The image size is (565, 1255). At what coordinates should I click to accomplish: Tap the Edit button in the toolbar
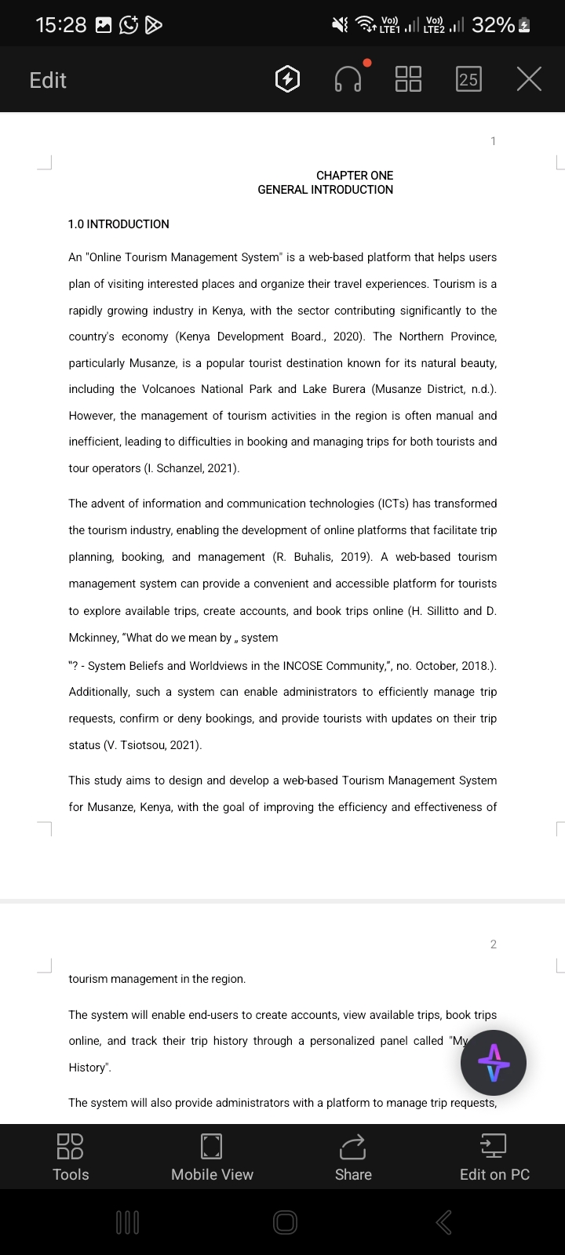tap(48, 80)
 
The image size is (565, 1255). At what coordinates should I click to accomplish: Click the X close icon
tap(529, 79)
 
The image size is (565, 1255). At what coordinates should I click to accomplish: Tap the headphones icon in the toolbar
tap(348, 79)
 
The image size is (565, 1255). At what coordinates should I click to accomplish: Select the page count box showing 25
tap(468, 79)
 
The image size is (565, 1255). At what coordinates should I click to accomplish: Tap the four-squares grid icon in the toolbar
tap(408, 79)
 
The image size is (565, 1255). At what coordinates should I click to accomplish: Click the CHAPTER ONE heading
tap(355, 176)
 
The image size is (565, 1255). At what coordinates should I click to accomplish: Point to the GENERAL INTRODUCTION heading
tap(325, 190)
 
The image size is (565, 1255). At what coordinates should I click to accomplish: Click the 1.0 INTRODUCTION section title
tap(118, 224)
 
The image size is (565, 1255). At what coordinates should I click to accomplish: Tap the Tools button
tap(71, 1158)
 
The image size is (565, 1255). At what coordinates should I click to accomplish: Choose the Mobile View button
tap(212, 1158)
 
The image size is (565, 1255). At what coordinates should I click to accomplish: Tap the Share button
tap(353, 1158)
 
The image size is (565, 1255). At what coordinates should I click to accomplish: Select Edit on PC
tap(494, 1158)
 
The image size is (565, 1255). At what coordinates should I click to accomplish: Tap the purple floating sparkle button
tap(494, 1064)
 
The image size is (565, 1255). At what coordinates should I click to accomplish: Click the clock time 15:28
tap(61, 25)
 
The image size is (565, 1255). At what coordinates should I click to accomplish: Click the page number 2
tap(493, 944)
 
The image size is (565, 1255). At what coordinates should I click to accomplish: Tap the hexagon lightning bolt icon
tap(288, 79)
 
